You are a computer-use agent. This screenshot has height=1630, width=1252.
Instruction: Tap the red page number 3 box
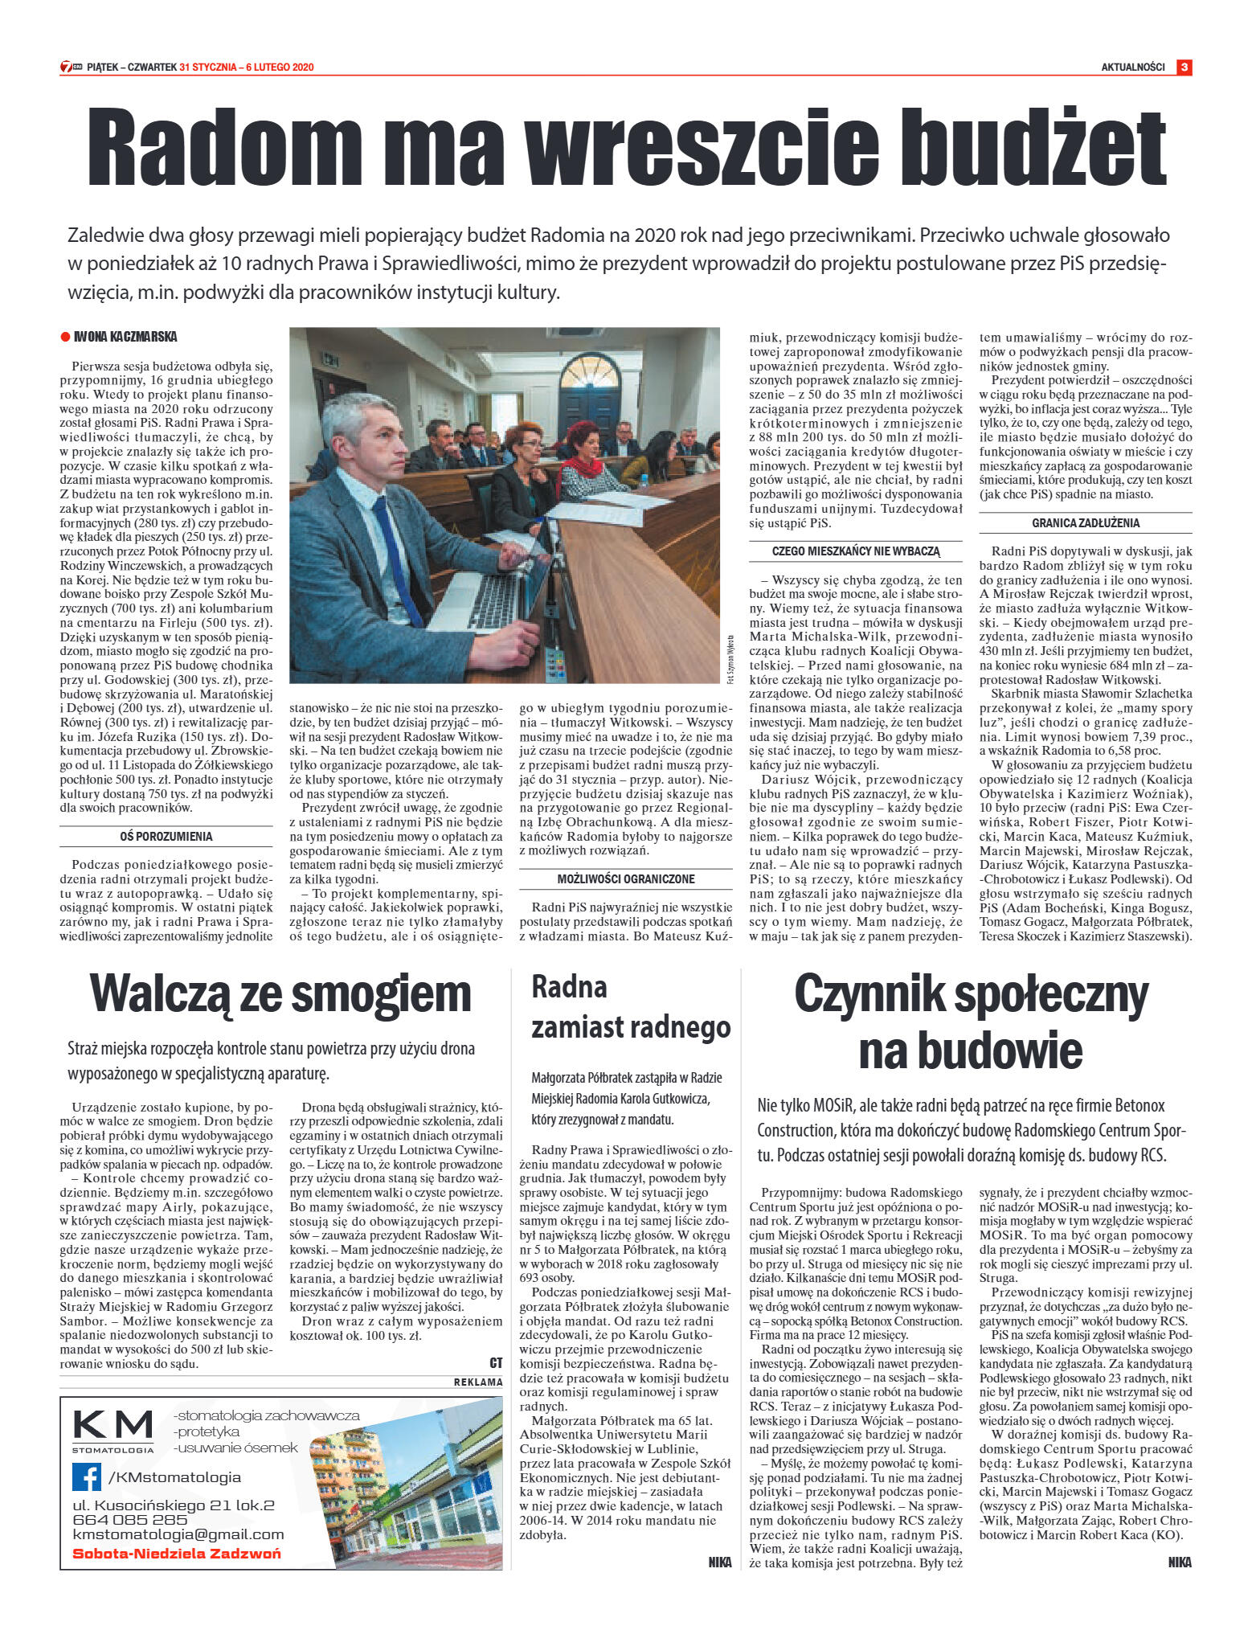[x=1184, y=68]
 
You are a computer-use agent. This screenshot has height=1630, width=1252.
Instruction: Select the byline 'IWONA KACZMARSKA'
[x=125, y=337]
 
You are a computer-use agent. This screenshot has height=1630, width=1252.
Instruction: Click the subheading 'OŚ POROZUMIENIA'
[x=166, y=837]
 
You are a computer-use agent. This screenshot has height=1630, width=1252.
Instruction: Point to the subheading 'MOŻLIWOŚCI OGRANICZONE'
[x=626, y=879]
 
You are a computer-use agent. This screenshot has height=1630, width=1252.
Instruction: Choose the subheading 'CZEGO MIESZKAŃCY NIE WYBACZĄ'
[x=855, y=551]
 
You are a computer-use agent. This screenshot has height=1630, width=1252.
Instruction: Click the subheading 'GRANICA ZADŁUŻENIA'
[x=1086, y=523]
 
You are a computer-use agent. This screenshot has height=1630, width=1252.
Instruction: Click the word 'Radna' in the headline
[x=569, y=986]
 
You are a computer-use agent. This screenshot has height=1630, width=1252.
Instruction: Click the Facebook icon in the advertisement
[x=87, y=1476]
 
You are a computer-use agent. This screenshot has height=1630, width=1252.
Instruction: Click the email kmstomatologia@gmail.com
[x=178, y=1534]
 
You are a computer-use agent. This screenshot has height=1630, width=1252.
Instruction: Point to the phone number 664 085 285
[x=129, y=1519]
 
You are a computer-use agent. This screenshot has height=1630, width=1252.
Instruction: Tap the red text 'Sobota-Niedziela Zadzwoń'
[x=177, y=1553]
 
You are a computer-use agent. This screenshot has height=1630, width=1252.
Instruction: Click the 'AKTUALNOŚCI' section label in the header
[x=1132, y=68]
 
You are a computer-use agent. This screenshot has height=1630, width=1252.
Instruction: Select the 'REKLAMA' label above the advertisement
[x=478, y=1382]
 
